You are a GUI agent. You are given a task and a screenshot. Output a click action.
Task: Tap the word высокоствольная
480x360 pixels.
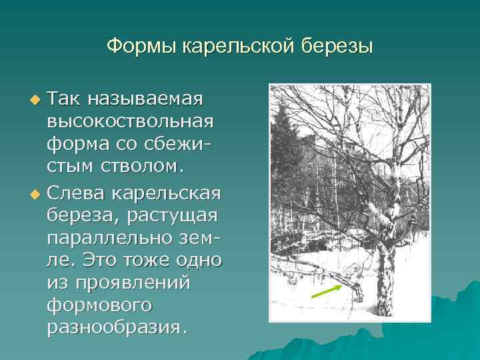[131, 123]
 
